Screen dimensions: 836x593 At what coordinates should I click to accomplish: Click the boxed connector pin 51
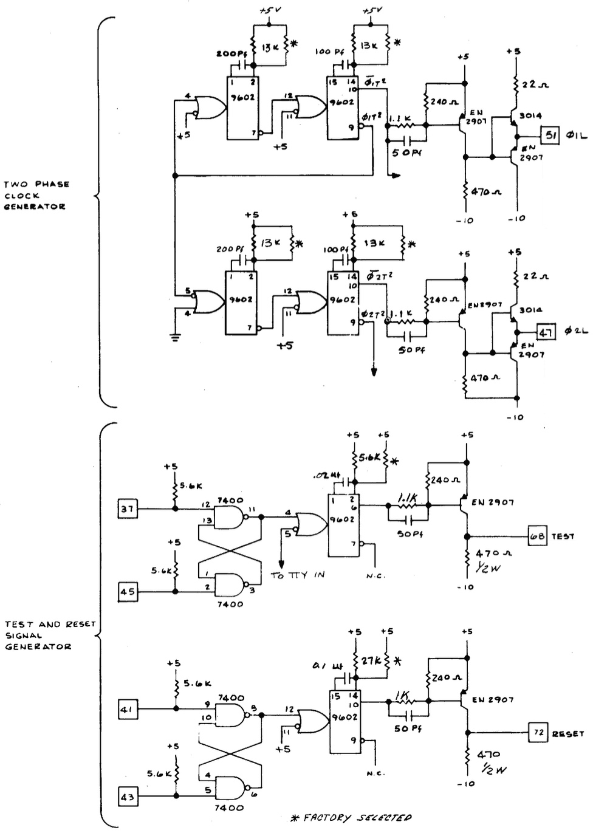[550, 135]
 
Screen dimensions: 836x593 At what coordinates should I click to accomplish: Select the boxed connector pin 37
[127, 509]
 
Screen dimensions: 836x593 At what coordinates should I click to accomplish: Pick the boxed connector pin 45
[127, 591]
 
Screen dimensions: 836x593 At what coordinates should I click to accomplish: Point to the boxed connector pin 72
[538, 733]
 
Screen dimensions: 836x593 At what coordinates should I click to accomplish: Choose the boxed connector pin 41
[127, 708]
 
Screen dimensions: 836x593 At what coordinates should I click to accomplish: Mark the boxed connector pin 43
[127, 796]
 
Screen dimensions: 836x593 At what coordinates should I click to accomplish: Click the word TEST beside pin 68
[563, 536]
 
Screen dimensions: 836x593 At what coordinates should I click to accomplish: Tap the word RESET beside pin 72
[568, 733]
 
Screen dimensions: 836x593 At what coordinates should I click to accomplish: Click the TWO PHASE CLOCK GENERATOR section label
[36, 195]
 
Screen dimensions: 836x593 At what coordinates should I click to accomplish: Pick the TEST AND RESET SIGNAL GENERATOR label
[49, 635]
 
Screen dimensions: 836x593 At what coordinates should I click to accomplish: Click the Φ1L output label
[576, 135]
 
